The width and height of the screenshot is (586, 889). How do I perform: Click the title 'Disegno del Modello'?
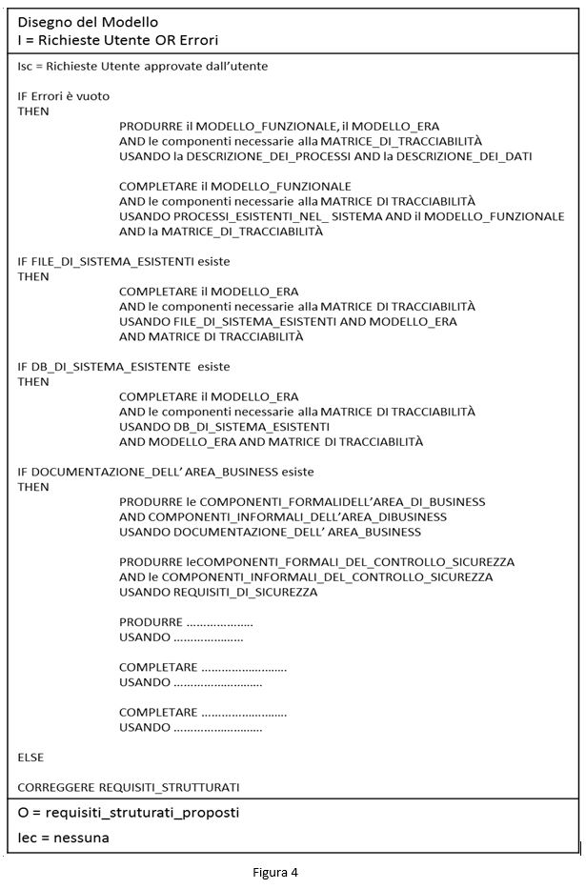point(88,21)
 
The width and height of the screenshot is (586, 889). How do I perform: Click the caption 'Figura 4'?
point(275,871)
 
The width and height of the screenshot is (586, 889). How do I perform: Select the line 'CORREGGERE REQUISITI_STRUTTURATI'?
point(129,786)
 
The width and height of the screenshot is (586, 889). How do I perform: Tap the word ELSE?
point(30,757)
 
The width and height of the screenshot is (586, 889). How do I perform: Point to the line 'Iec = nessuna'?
point(63,838)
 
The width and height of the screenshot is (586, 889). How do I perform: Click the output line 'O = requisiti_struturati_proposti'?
point(128,813)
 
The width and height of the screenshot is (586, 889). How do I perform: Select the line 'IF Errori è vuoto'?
point(64,96)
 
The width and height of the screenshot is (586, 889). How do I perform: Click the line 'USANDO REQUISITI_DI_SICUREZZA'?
point(218,592)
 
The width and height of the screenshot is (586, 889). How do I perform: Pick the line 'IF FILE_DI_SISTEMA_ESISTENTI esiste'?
point(124,261)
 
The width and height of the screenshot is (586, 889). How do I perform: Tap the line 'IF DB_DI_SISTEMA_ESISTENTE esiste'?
point(124,366)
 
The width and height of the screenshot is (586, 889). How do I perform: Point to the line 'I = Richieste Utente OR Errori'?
point(118,40)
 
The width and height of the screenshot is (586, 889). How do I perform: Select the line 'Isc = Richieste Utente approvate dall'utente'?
point(143,66)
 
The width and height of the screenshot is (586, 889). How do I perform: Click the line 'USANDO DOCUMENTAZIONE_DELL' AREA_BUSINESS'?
point(270,532)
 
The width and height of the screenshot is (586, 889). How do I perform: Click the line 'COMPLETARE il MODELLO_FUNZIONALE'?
point(235,186)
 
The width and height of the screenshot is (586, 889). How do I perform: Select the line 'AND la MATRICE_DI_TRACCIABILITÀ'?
point(221,231)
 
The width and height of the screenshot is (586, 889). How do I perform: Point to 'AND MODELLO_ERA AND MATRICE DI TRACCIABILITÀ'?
point(271,441)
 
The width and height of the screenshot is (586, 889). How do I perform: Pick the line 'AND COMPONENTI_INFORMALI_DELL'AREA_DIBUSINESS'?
point(283,516)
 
